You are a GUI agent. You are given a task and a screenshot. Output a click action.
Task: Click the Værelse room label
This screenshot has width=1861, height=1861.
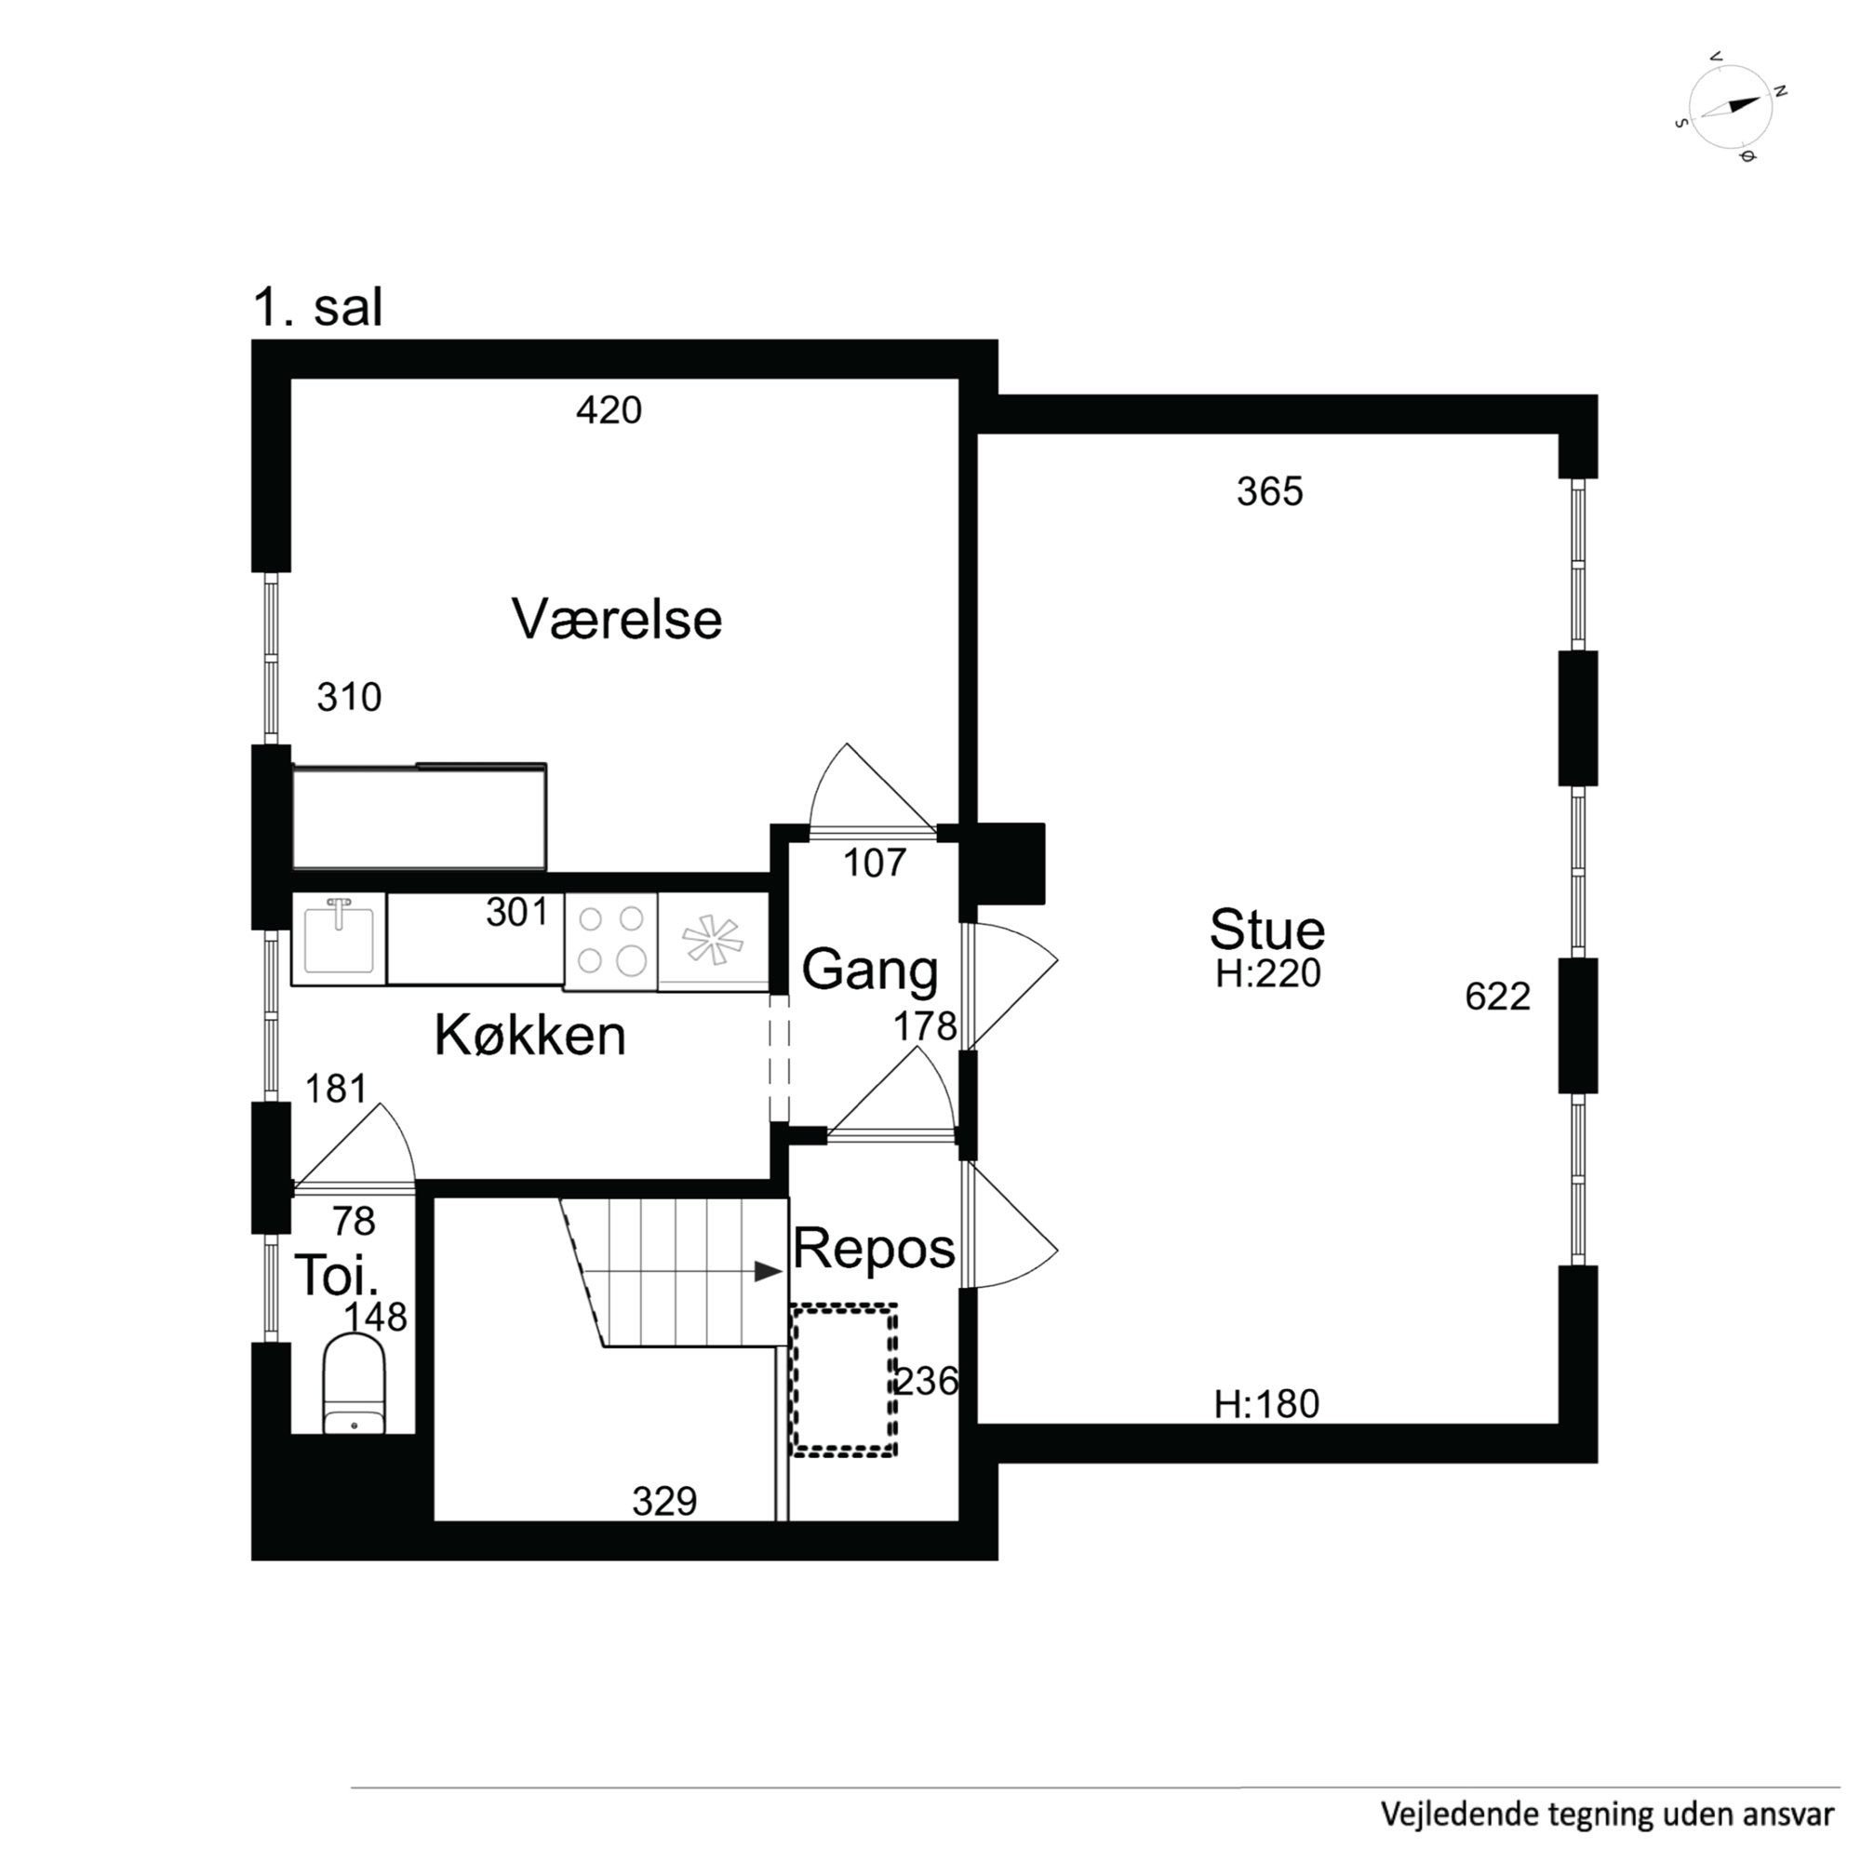617,620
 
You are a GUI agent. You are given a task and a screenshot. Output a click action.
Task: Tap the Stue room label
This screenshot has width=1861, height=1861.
1266,930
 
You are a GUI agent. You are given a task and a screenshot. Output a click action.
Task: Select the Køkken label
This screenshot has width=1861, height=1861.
529,1036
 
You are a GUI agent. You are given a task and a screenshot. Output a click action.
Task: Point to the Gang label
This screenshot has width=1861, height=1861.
869,969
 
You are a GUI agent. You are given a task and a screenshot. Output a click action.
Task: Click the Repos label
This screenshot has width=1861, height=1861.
873,1249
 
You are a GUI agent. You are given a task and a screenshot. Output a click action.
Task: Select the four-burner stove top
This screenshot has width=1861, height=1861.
610,939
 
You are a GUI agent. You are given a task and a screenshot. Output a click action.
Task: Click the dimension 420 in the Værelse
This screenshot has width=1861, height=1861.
609,410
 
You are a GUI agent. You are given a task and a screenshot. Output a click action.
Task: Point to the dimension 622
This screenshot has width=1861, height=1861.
1497,996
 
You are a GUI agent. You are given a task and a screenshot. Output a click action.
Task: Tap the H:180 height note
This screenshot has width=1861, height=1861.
1265,1404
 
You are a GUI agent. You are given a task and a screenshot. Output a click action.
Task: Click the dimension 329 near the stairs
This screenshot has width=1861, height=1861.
664,1501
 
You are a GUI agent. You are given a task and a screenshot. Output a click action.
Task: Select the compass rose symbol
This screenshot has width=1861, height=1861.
1731,107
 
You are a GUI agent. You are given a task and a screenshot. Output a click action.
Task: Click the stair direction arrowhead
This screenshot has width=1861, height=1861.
768,1271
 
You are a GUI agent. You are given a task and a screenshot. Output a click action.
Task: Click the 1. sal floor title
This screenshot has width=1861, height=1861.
318,308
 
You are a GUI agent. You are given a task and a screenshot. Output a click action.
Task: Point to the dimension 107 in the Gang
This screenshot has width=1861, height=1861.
875,864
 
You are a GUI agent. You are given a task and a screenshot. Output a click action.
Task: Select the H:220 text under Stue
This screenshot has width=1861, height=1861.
1267,974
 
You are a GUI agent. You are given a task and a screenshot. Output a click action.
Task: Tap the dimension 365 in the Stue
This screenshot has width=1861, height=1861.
1269,492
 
